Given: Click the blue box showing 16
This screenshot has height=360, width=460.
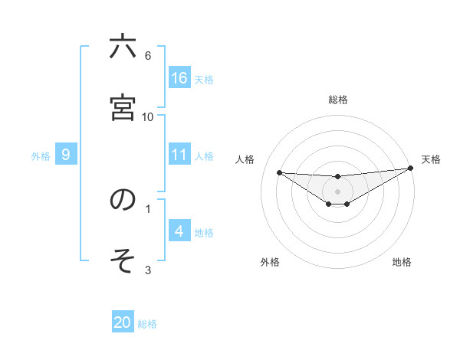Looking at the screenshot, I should (179, 77).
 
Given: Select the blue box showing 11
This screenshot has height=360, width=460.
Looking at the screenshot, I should (179, 155).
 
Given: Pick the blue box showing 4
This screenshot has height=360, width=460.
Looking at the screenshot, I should (179, 231).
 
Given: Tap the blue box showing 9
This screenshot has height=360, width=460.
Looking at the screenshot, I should (66, 155).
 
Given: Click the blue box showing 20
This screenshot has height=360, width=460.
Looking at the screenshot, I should (123, 322).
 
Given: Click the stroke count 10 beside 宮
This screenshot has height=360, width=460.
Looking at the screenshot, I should (148, 116).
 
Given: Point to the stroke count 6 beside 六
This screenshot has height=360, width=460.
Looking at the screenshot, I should (148, 55).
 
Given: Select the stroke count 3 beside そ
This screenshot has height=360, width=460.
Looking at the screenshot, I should (148, 270).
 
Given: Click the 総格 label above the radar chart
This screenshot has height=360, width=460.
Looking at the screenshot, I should (338, 100).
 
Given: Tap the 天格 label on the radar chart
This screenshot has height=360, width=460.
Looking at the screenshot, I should (431, 159).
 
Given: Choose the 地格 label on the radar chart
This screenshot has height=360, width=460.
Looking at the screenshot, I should (402, 262).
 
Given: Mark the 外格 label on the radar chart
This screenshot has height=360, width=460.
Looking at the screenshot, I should (270, 262).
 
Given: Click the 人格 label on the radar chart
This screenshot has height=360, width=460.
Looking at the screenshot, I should (245, 159).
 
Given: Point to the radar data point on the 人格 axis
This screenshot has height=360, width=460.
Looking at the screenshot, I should (279, 172).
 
